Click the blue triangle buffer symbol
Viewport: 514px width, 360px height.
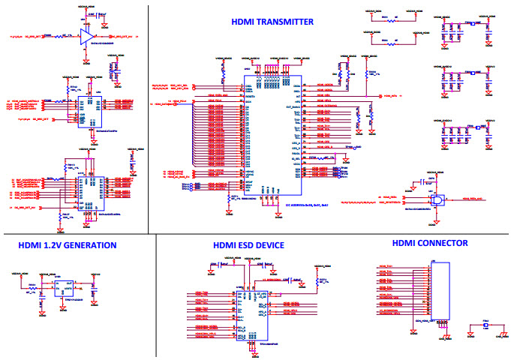coord(87,36)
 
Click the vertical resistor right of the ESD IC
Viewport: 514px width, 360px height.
coord(318,287)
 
